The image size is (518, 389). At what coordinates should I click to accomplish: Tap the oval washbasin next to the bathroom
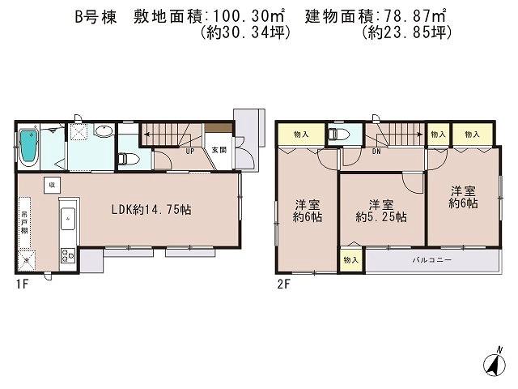(x=104, y=132)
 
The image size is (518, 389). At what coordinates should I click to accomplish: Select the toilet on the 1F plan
(x=125, y=159)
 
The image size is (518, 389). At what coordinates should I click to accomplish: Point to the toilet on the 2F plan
(x=338, y=135)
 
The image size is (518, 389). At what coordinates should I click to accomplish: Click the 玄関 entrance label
(x=219, y=150)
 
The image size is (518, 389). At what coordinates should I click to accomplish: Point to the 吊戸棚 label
(x=26, y=220)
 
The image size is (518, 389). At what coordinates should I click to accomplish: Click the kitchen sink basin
(x=66, y=218)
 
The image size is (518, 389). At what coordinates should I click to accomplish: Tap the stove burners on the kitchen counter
(x=65, y=258)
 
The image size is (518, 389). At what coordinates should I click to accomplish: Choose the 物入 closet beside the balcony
(x=350, y=260)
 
